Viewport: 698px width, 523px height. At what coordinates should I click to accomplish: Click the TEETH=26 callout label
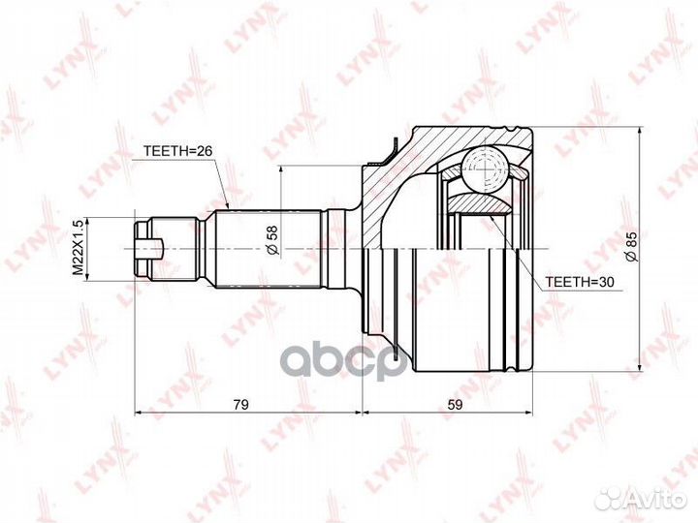click(178, 151)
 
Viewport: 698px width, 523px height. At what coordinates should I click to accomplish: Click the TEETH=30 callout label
click(580, 282)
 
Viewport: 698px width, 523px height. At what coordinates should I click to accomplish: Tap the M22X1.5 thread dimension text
click(78, 248)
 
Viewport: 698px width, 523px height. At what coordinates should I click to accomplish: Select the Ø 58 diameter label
click(272, 240)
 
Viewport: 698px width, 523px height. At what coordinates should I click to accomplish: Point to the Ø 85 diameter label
click(632, 247)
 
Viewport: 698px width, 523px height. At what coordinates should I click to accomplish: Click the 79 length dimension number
click(240, 404)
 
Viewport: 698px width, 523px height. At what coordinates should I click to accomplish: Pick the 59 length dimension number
click(455, 404)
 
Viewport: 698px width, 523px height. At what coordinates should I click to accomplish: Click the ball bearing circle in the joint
click(485, 169)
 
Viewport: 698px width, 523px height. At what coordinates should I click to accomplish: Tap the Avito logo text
click(655, 500)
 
